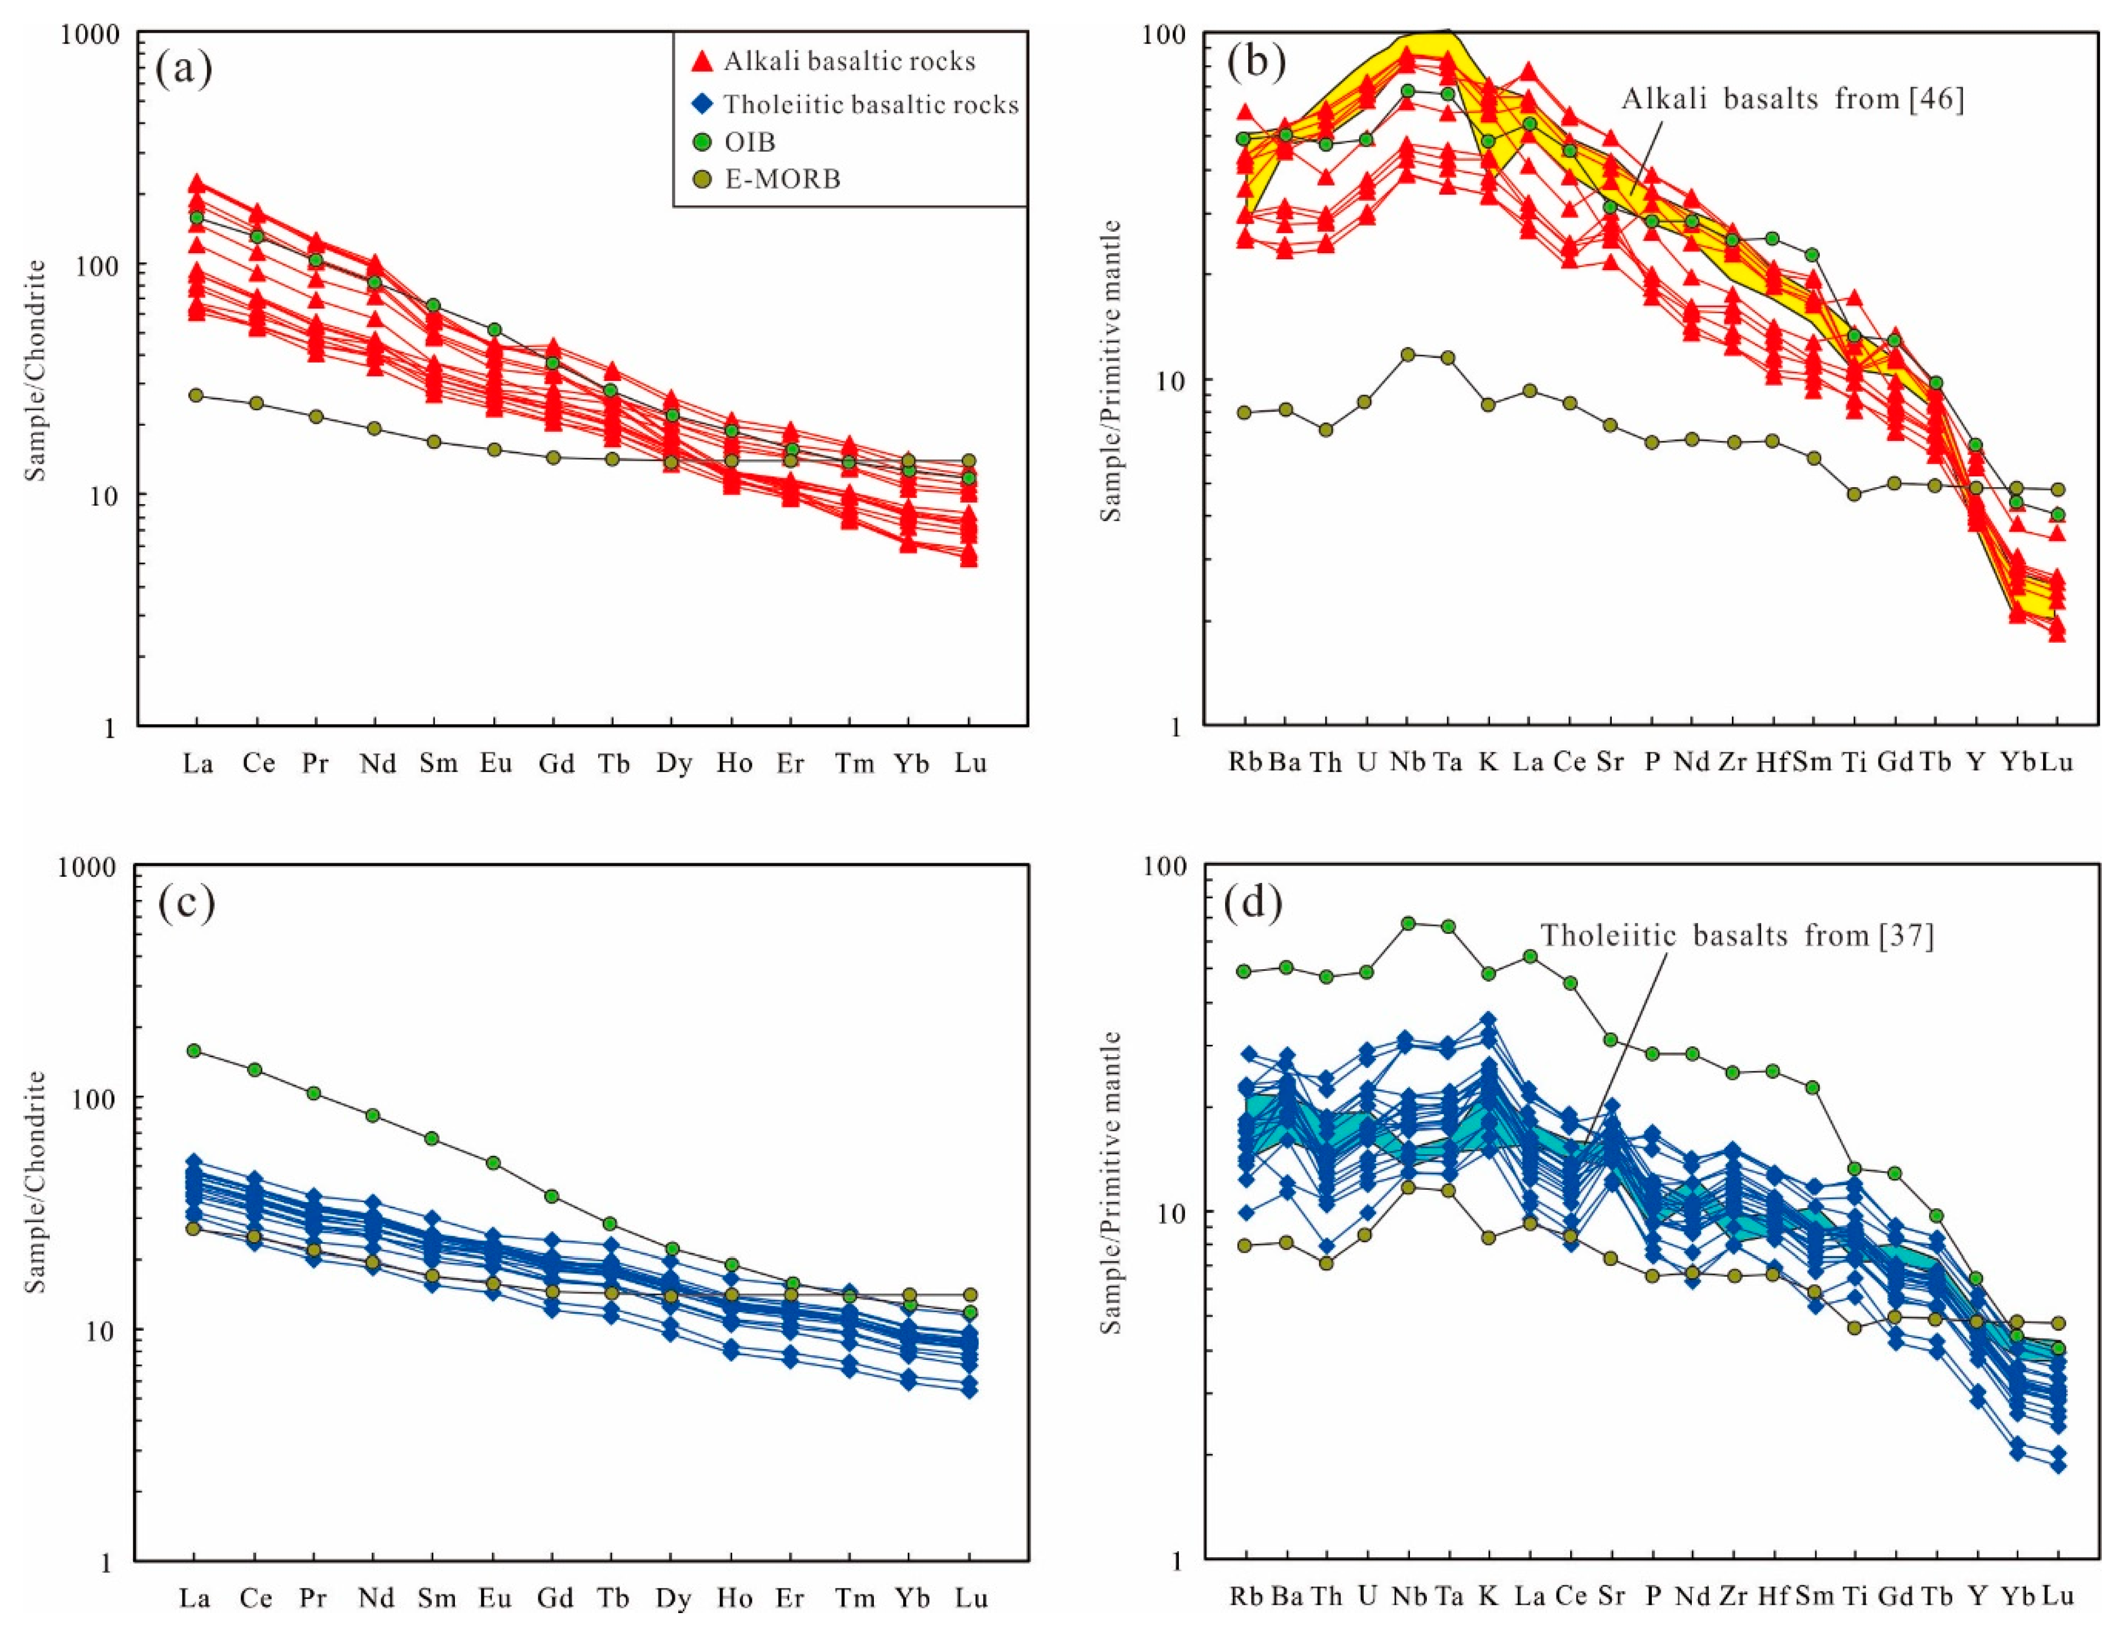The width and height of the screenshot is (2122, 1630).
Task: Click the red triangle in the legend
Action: pos(701,61)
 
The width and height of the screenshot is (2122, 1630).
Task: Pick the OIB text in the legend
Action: pos(750,142)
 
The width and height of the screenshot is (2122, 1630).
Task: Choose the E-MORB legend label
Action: pos(782,179)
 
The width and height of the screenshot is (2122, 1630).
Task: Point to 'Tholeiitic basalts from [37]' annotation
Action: pos(1737,935)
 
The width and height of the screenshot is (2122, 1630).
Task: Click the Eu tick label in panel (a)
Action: pos(496,763)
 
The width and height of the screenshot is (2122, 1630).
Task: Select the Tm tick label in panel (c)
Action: pos(854,1598)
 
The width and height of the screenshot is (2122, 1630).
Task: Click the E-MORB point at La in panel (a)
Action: pos(196,396)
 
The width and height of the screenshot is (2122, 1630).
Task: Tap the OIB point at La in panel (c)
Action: pos(194,1051)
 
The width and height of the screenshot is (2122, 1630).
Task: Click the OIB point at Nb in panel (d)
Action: pos(1408,923)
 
